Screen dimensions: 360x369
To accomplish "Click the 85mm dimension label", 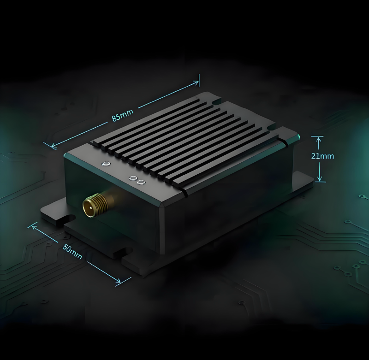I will (122, 115).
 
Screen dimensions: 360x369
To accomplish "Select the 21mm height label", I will (322, 156).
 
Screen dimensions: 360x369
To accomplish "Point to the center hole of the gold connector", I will (89, 207).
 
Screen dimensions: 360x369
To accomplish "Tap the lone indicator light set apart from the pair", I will (106, 164).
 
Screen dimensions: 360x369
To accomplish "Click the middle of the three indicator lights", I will (133, 177).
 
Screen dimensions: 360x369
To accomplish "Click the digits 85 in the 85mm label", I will (117, 118).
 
